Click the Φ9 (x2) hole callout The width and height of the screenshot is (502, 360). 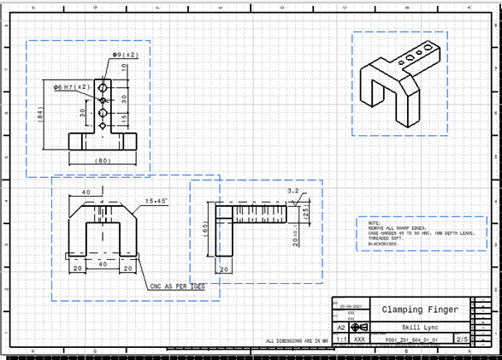pos(125,55)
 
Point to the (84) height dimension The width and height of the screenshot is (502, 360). pos(40,113)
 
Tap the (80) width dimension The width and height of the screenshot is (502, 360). pos(103,160)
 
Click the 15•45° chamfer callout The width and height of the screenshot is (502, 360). pos(157,201)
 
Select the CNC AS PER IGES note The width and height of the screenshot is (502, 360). pos(178,287)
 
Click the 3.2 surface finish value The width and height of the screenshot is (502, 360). pos(292,192)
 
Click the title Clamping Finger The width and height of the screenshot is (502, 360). pos(420,310)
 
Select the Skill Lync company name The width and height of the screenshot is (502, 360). pos(420,327)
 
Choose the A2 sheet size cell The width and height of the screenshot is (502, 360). pos(340,328)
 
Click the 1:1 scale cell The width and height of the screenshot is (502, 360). pos(340,339)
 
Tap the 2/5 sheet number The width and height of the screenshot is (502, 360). pos(462,339)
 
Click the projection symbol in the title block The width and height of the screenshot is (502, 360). pos(360,328)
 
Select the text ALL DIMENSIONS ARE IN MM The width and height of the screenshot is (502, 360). pos(298,341)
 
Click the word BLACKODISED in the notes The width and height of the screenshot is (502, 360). pos(377,244)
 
